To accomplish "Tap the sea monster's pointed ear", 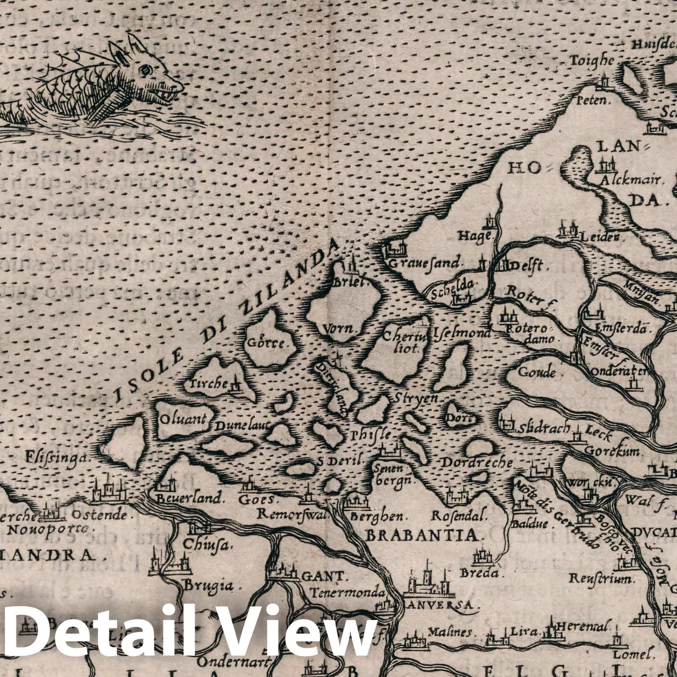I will [x=136, y=42].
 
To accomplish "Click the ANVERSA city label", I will [x=437, y=605].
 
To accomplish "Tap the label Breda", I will [x=484, y=574].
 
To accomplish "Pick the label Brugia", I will [x=208, y=586].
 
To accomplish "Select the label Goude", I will [x=537, y=372].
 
